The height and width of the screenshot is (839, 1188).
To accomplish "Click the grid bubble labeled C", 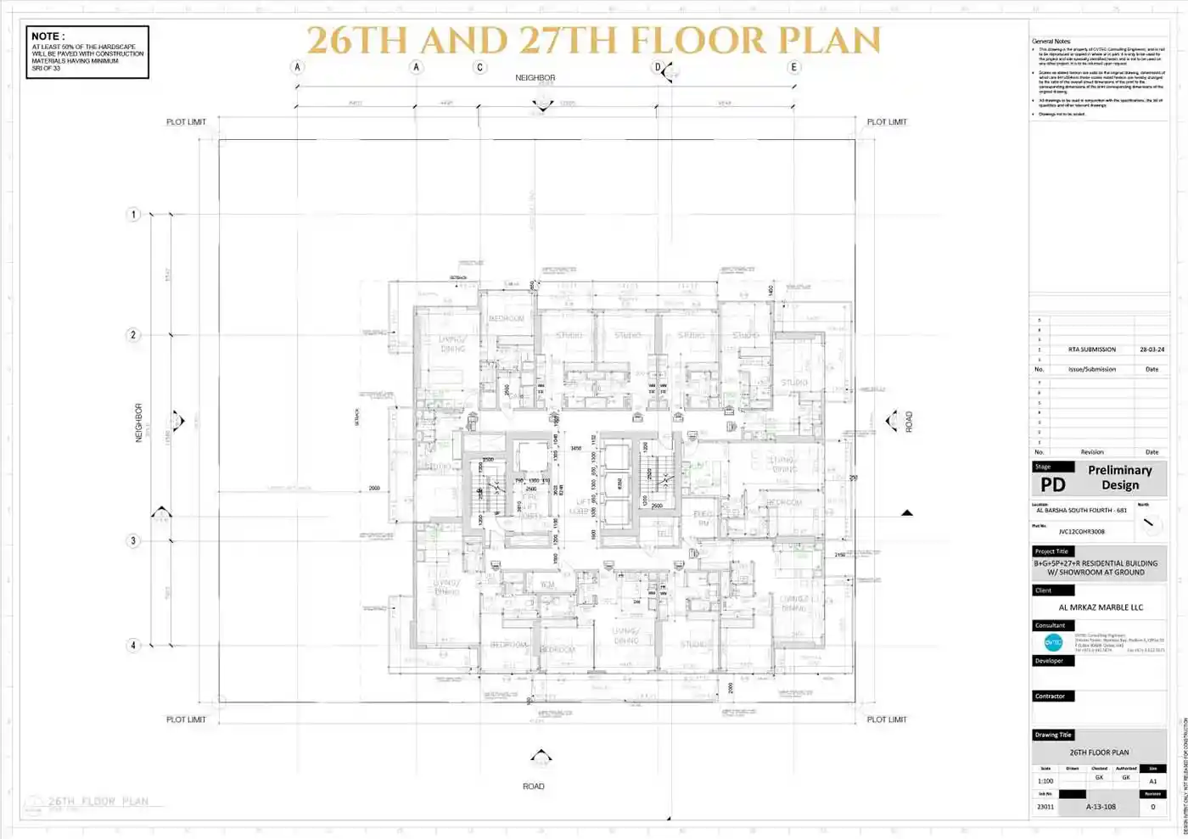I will [x=480, y=67].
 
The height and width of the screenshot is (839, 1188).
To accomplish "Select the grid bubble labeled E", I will [x=794, y=67].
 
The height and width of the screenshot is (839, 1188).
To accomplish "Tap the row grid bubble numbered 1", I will [x=133, y=215].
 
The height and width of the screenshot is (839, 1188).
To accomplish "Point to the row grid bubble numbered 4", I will [x=133, y=646].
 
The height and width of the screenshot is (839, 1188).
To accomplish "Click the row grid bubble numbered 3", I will [x=133, y=540].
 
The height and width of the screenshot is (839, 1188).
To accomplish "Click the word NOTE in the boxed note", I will [x=46, y=36].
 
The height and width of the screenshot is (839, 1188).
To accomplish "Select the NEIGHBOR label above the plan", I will [x=535, y=78].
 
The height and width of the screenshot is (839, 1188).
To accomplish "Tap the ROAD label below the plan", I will [x=533, y=786].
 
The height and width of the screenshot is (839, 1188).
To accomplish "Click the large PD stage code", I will [x=1052, y=484].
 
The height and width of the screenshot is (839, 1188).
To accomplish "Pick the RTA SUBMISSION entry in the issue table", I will [x=1092, y=350].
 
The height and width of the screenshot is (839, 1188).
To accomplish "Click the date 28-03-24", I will [x=1152, y=350].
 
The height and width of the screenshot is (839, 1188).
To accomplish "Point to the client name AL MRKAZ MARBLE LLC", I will [x=1101, y=607].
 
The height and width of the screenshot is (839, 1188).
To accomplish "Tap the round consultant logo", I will [x=1053, y=642].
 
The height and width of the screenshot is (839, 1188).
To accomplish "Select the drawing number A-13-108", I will [x=1101, y=807].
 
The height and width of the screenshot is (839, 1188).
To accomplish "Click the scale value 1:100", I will [x=1045, y=780].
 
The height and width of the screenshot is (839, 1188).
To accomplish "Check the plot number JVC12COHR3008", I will [x=1081, y=532].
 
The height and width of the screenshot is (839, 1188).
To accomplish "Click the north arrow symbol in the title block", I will [x=1149, y=523].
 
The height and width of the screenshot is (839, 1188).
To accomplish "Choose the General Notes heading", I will [x=1051, y=41].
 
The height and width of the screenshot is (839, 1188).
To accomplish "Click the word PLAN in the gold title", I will [x=829, y=40].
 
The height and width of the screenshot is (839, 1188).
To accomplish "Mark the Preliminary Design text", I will [x=1120, y=477].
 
